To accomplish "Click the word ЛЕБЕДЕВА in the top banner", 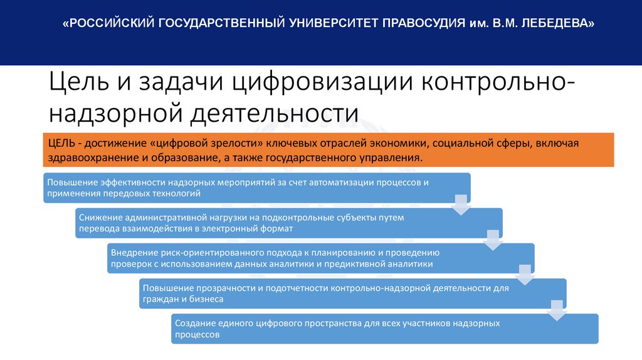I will (556, 24).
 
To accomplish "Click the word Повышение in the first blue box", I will (70, 183).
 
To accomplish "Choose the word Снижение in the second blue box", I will (98, 218).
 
